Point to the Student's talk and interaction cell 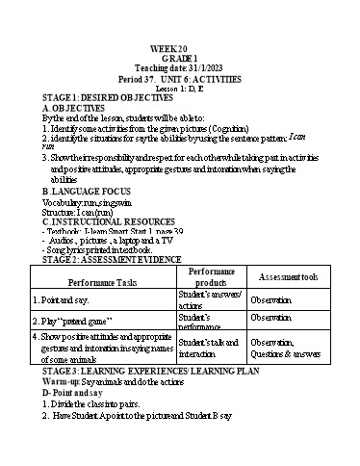210,348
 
